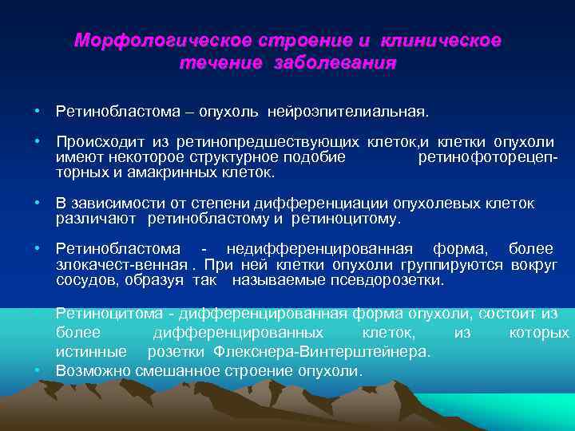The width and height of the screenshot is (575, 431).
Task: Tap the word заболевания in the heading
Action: [x=346, y=62]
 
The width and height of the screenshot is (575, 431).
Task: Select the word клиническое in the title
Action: [x=442, y=40]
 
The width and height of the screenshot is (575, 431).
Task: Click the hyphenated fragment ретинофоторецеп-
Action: [x=487, y=156]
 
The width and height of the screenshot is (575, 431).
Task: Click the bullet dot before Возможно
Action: [x=38, y=371]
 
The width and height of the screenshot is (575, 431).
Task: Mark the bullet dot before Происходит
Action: [x=38, y=142]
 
